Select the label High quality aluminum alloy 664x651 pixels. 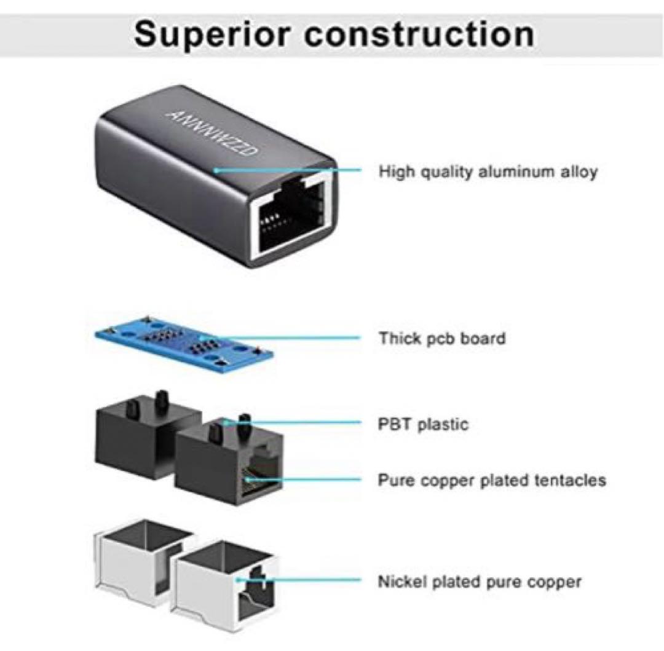click(488, 171)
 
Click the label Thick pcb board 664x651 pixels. click(441, 337)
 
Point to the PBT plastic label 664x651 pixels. click(422, 424)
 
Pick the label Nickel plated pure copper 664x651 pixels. click(479, 580)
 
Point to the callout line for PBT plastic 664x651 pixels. click(295, 423)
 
